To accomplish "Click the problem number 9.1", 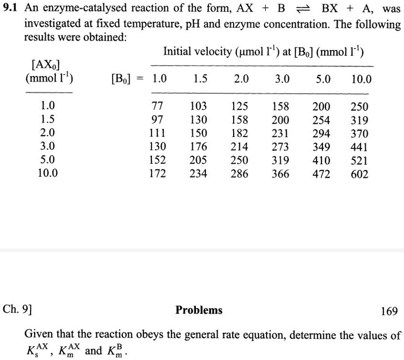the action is (x=11, y=9).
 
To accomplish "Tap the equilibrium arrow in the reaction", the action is (x=302, y=10).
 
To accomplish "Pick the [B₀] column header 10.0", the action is (x=360, y=79).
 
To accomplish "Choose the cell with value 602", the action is (x=359, y=174).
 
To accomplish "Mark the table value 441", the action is (x=359, y=147).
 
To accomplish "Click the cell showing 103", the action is (x=198, y=106).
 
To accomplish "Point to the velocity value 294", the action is (x=321, y=134).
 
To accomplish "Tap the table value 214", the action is (x=239, y=147).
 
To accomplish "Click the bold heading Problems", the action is (x=199, y=310).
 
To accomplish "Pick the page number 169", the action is (x=389, y=310).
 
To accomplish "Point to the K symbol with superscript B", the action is (x=117, y=350).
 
